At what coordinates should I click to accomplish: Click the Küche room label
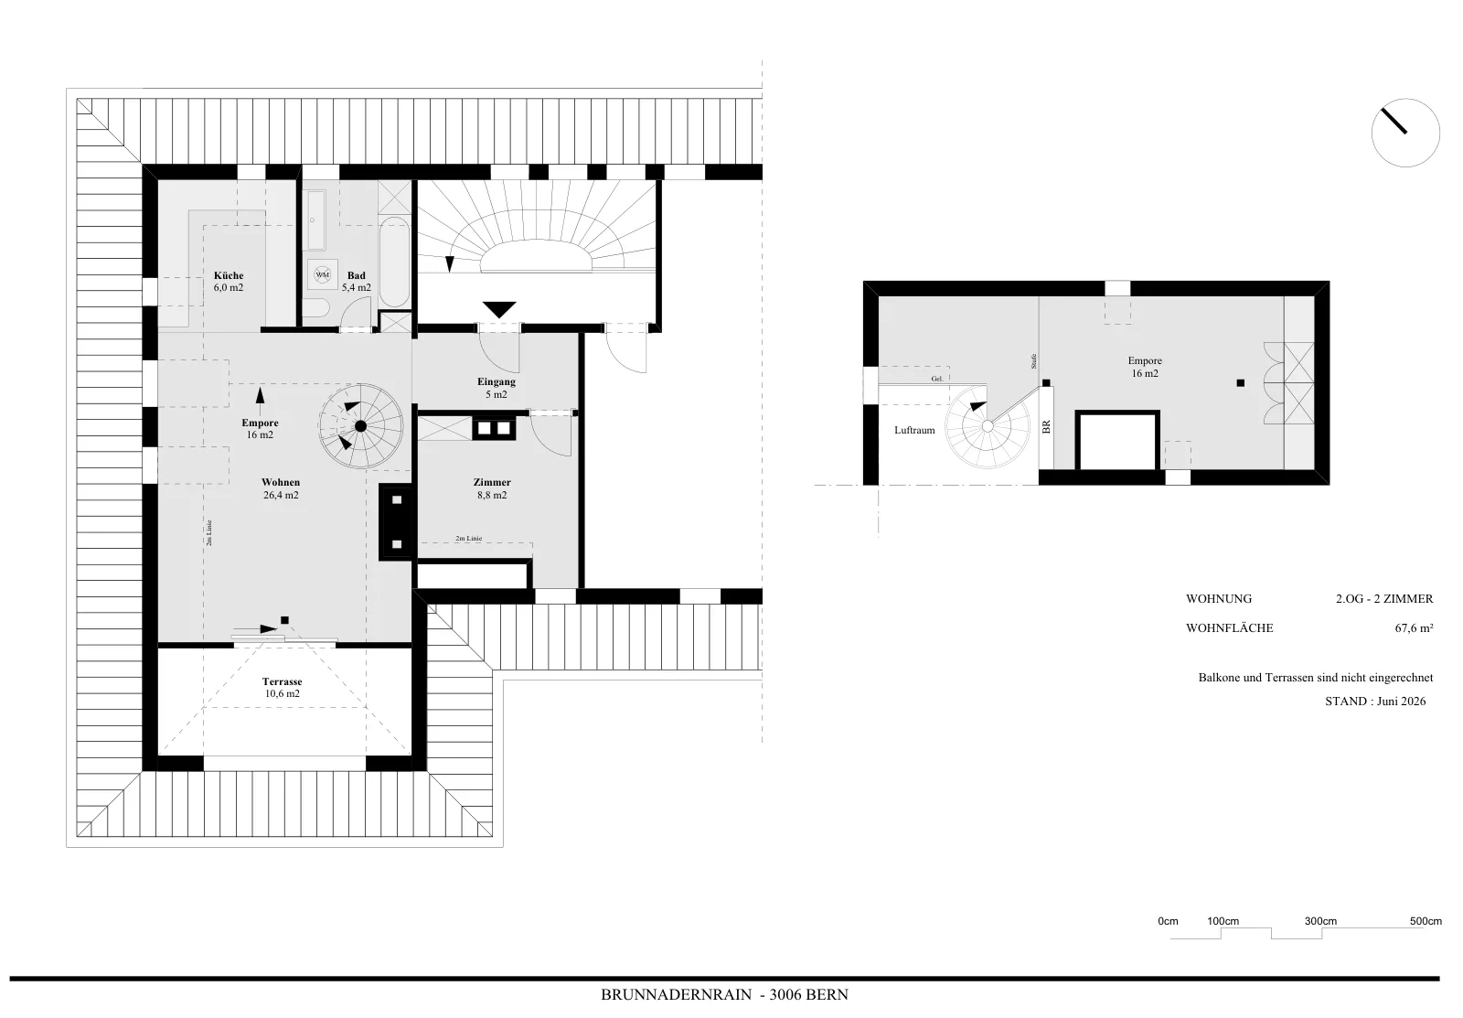229,282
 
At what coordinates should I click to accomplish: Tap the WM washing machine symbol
323,274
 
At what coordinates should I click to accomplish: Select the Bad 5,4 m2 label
357,282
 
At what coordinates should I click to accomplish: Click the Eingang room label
497,388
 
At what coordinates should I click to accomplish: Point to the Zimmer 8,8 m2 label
492,488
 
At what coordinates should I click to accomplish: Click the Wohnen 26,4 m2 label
281,488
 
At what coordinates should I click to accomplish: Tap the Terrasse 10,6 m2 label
283,688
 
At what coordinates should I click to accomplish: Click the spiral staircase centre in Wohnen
360,426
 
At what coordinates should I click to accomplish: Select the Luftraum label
914,431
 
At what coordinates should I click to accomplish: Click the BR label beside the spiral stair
1046,426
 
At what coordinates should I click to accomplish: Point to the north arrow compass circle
1405,134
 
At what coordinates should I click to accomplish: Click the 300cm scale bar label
1320,921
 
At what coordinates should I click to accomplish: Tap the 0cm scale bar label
1168,921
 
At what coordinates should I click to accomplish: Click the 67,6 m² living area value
1414,628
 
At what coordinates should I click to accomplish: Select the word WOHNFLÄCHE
1230,628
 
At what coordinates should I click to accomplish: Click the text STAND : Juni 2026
1375,702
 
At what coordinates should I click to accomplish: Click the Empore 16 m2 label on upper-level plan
1145,367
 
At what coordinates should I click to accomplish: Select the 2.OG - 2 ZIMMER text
1384,598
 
